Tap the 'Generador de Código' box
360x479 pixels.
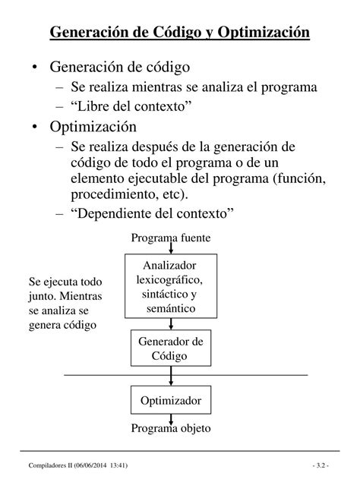tap(172, 348)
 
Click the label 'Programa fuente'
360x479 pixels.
tap(171, 238)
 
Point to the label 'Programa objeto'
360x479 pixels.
tap(171, 428)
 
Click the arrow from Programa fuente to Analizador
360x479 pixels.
tap(172, 249)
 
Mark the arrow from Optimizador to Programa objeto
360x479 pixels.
tap(172, 416)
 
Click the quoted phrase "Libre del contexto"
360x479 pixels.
tap(130, 106)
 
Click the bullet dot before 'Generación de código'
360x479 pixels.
tap(36, 68)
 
